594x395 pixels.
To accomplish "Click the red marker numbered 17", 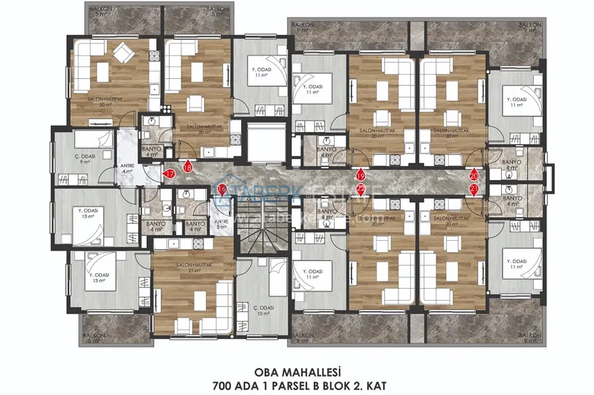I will click(x=169, y=174).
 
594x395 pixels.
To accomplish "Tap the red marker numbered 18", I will click(x=187, y=166).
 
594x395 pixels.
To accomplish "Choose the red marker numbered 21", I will click(x=475, y=189).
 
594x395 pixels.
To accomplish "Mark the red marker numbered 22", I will click(x=361, y=189).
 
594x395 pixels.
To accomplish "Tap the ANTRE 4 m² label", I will click(x=128, y=168).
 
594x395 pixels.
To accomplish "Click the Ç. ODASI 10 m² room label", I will click(x=263, y=310).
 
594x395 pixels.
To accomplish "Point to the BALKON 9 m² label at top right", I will click(x=531, y=28).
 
